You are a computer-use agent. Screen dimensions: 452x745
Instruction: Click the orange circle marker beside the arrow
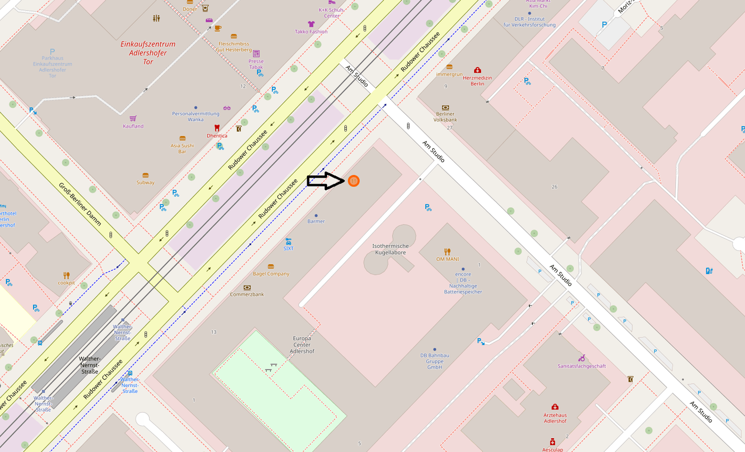pos(353,181)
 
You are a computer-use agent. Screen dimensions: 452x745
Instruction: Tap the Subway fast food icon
pos(145,175)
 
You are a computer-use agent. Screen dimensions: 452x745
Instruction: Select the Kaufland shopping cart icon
pos(133,119)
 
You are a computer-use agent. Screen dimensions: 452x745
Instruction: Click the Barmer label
pos(316,221)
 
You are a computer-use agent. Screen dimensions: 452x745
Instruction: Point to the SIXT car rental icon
pos(288,241)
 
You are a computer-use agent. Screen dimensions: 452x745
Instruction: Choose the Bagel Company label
pos(271,274)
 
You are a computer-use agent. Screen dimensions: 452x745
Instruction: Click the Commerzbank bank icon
pos(247,287)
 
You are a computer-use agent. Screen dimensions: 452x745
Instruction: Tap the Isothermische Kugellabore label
pos(390,249)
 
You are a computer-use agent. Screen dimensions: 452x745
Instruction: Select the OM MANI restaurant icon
pos(448,252)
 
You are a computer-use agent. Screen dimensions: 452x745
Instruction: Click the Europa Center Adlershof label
pos(302,345)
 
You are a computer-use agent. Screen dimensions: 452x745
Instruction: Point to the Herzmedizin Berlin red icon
pos(477,70)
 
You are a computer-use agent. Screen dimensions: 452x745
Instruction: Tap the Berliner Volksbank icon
pos(445,107)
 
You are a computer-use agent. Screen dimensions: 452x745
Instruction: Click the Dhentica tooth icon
pos(217,128)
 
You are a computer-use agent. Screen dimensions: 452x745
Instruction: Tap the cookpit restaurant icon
pos(67,275)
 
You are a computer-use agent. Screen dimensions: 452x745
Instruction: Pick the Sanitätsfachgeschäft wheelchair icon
pos(582,358)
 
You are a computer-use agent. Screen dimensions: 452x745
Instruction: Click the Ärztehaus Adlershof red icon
pos(555,407)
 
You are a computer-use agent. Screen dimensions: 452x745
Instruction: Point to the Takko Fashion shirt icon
pos(311,24)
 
